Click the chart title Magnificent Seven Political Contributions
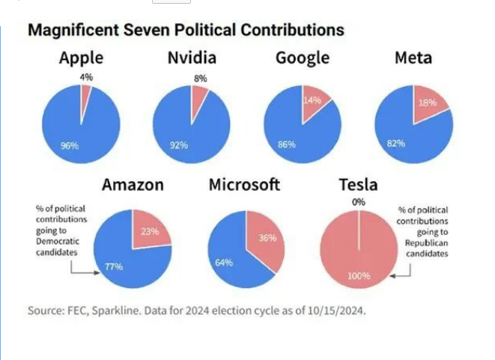point(186,31)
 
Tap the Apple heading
point(81,58)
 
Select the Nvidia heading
point(192,58)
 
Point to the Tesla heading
point(358,184)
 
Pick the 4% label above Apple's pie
point(85,76)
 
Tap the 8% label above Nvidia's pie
point(200,77)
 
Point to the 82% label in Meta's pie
point(396,143)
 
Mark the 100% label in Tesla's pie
point(359,276)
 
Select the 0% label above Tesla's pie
point(359,202)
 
